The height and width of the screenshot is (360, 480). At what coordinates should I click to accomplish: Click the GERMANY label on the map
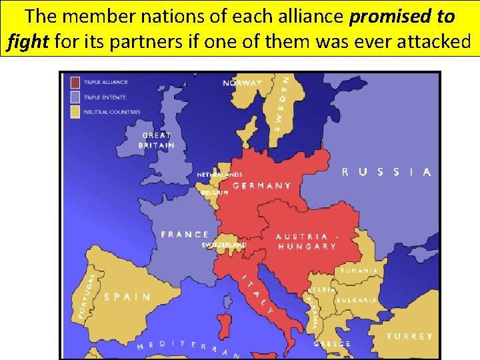pos(262,186)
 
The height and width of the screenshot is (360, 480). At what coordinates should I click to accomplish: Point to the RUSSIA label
pos(386,172)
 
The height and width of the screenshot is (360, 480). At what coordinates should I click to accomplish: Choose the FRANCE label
pos(185,235)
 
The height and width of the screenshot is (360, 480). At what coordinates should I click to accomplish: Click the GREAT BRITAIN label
pos(157,140)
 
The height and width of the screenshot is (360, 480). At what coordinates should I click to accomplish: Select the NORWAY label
pos(242,83)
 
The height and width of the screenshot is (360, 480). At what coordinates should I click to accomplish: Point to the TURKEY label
pos(409,337)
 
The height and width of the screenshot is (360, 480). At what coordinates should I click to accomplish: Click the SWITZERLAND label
pos(224,245)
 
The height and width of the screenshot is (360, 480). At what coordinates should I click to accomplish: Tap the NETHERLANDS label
pos(219,175)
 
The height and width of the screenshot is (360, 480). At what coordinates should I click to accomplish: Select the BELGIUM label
pos(215,192)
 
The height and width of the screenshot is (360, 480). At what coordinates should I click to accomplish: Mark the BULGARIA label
pos(356,301)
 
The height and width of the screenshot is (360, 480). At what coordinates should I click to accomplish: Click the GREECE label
pos(332,344)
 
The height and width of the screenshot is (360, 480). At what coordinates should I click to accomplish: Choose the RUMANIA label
pos(359,271)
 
